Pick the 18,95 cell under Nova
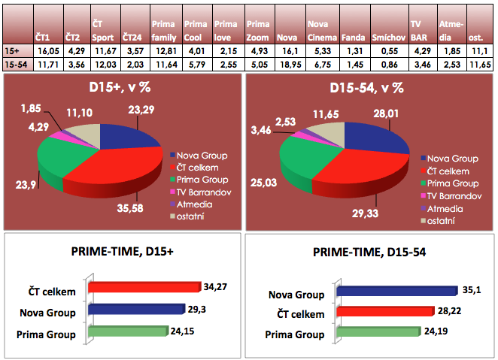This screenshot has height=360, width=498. [289, 66]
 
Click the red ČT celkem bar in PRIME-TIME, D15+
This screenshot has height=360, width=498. [143, 287]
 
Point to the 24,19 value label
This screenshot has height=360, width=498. [451, 331]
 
